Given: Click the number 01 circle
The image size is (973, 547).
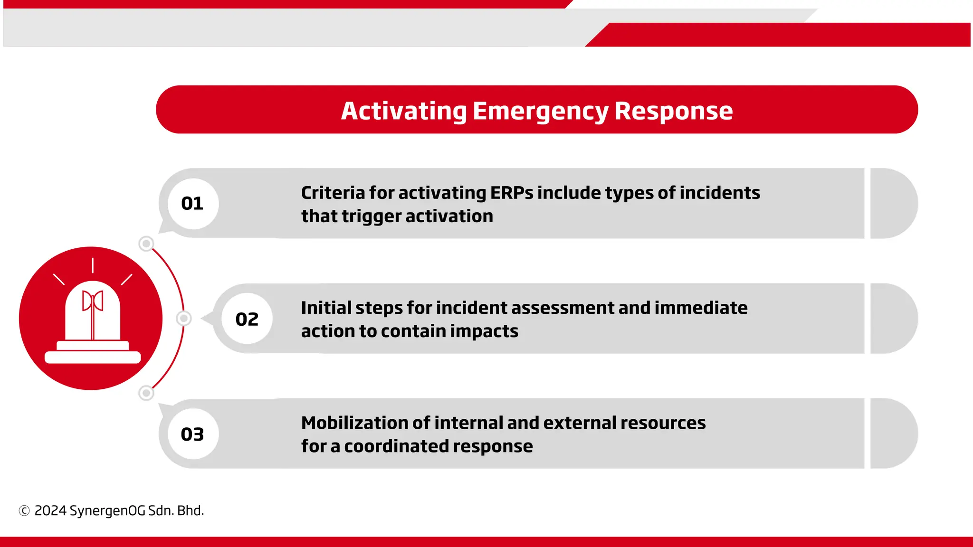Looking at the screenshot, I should [193, 204].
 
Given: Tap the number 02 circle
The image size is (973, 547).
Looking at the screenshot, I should [247, 319].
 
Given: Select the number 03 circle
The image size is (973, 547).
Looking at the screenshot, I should [193, 434].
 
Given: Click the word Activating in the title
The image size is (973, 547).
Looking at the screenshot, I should [404, 111].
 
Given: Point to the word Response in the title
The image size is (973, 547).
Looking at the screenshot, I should [674, 111].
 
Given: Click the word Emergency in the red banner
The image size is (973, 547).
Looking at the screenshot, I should [540, 112].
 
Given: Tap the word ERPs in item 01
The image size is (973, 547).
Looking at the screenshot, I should [511, 193].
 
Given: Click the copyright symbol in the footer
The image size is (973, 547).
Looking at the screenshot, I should [24, 511].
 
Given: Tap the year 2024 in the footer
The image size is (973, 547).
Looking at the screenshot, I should [50, 511].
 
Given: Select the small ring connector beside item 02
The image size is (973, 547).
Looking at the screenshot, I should [184, 318].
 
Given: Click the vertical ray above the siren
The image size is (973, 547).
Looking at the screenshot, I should [93, 265].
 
